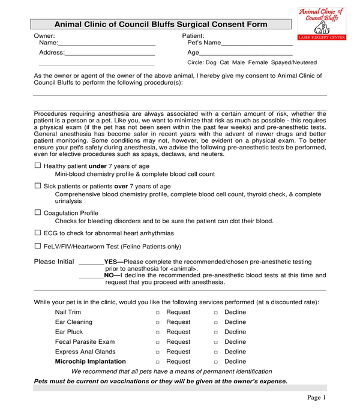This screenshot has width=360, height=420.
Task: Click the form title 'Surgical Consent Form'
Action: (161, 25)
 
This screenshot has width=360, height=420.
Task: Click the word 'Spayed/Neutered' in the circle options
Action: (292, 62)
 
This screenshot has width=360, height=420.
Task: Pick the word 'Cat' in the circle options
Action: (225, 62)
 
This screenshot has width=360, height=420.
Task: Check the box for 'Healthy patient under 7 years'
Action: (38, 165)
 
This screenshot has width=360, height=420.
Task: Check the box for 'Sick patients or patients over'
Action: (38, 186)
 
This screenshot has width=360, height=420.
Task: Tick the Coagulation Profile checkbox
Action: (38, 212)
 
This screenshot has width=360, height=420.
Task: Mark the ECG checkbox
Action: (38, 232)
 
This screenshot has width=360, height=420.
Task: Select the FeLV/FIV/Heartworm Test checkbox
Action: (38, 245)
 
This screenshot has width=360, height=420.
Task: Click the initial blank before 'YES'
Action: (91, 262)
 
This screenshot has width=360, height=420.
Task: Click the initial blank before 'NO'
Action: (91, 275)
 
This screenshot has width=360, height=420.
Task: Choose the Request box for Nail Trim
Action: (157, 313)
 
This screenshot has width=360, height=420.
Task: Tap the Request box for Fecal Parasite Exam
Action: (157, 342)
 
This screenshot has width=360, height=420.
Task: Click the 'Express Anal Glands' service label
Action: (85, 352)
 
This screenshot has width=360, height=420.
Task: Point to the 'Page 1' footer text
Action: (316, 397)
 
